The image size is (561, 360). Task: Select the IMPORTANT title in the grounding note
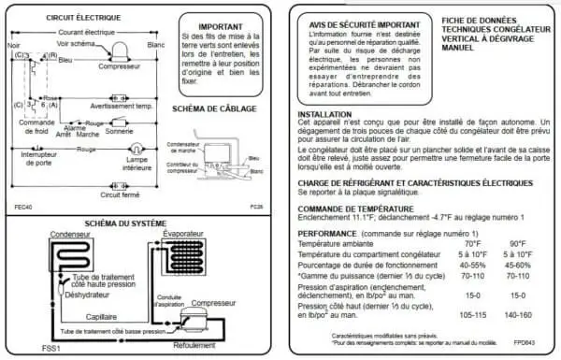coord(222,27)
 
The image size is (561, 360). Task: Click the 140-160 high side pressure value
coord(512,315)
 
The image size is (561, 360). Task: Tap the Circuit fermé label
coord(119,195)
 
